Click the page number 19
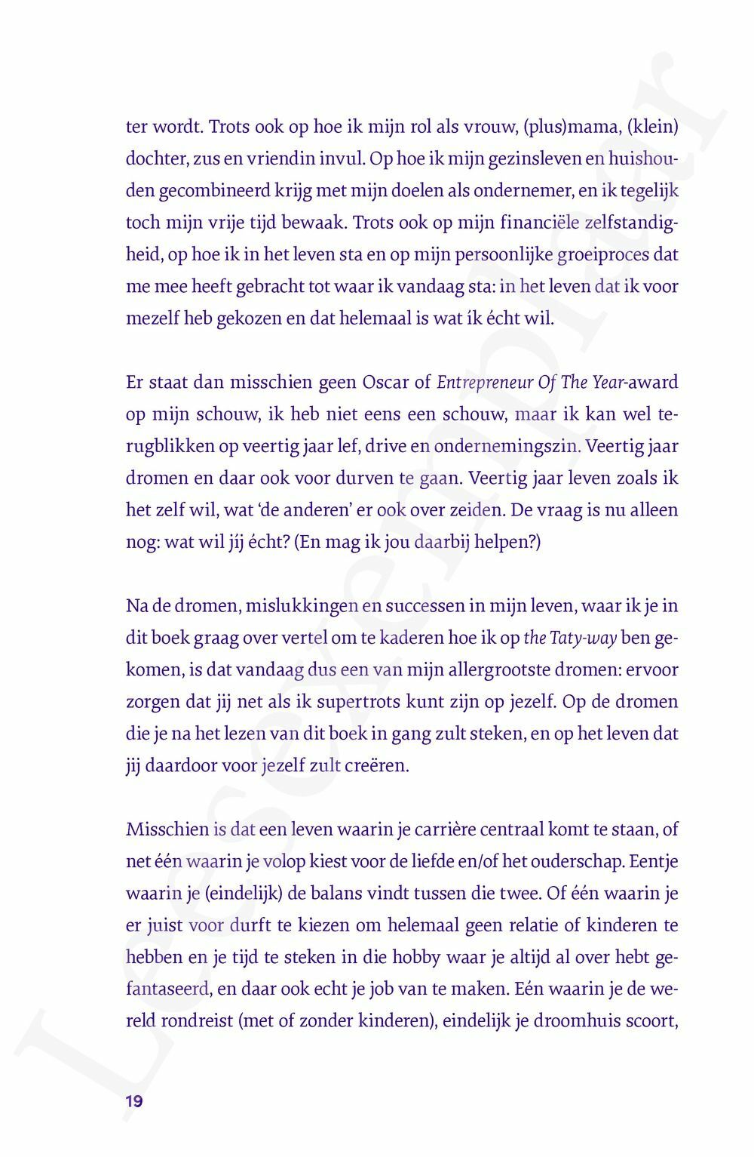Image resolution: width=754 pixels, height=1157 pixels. [134, 1101]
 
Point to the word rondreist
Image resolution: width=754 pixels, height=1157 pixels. [197, 1021]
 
